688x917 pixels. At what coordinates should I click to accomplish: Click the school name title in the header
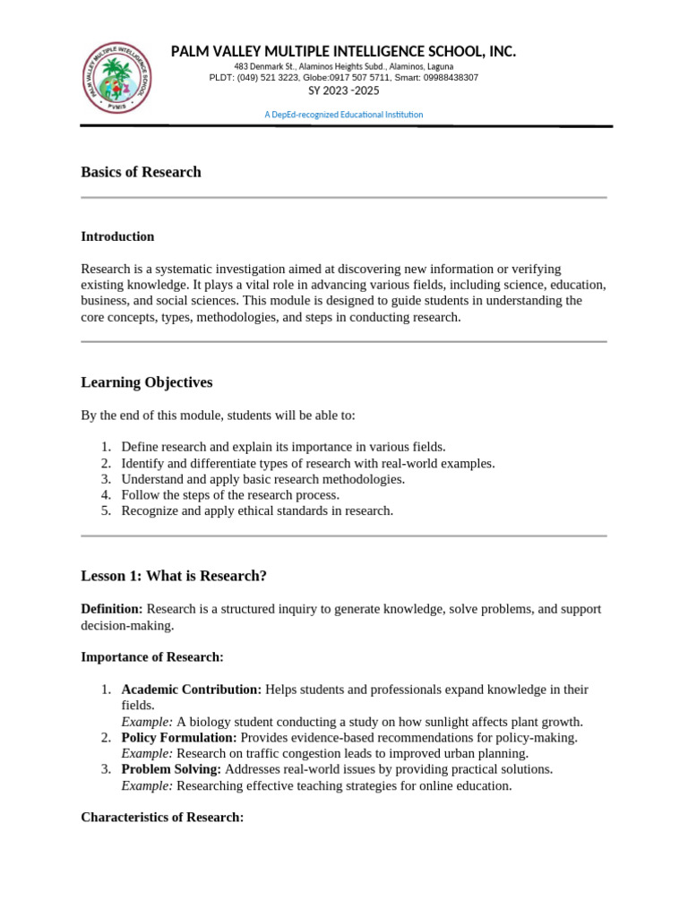click(x=343, y=52)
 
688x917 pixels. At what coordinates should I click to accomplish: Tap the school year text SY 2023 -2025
click(x=343, y=90)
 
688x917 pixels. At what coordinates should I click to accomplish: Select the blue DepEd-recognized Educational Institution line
click(x=343, y=115)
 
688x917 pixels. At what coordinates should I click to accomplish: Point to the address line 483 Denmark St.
click(x=343, y=67)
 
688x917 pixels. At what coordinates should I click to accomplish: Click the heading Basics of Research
click(x=141, y=172)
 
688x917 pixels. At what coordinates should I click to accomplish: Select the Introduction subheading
click(x=117, y=236)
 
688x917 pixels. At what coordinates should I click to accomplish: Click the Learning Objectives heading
click(x=147, y=382)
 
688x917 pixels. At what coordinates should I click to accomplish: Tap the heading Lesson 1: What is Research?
click(x=174, y=576)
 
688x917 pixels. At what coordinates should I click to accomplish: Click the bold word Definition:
click(x=112, y=609)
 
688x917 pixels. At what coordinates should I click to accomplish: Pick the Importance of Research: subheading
click(x=151, y=657)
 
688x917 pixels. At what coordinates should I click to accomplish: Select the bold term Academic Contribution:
click(x=192, y=690)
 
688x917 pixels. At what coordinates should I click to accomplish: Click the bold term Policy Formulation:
click(x=179, y=738)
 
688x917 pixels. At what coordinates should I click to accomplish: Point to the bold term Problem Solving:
click(x=171, y=769)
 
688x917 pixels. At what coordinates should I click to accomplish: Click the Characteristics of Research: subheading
click(x=162, y=818)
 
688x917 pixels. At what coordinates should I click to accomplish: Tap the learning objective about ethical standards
click(x=257, y=510)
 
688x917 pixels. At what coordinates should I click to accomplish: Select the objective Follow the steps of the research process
click(x=230, y=495)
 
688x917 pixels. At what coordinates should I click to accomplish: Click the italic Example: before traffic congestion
click(x=147, y=754)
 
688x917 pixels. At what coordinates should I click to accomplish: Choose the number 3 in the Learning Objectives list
click(x=105, y=479)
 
